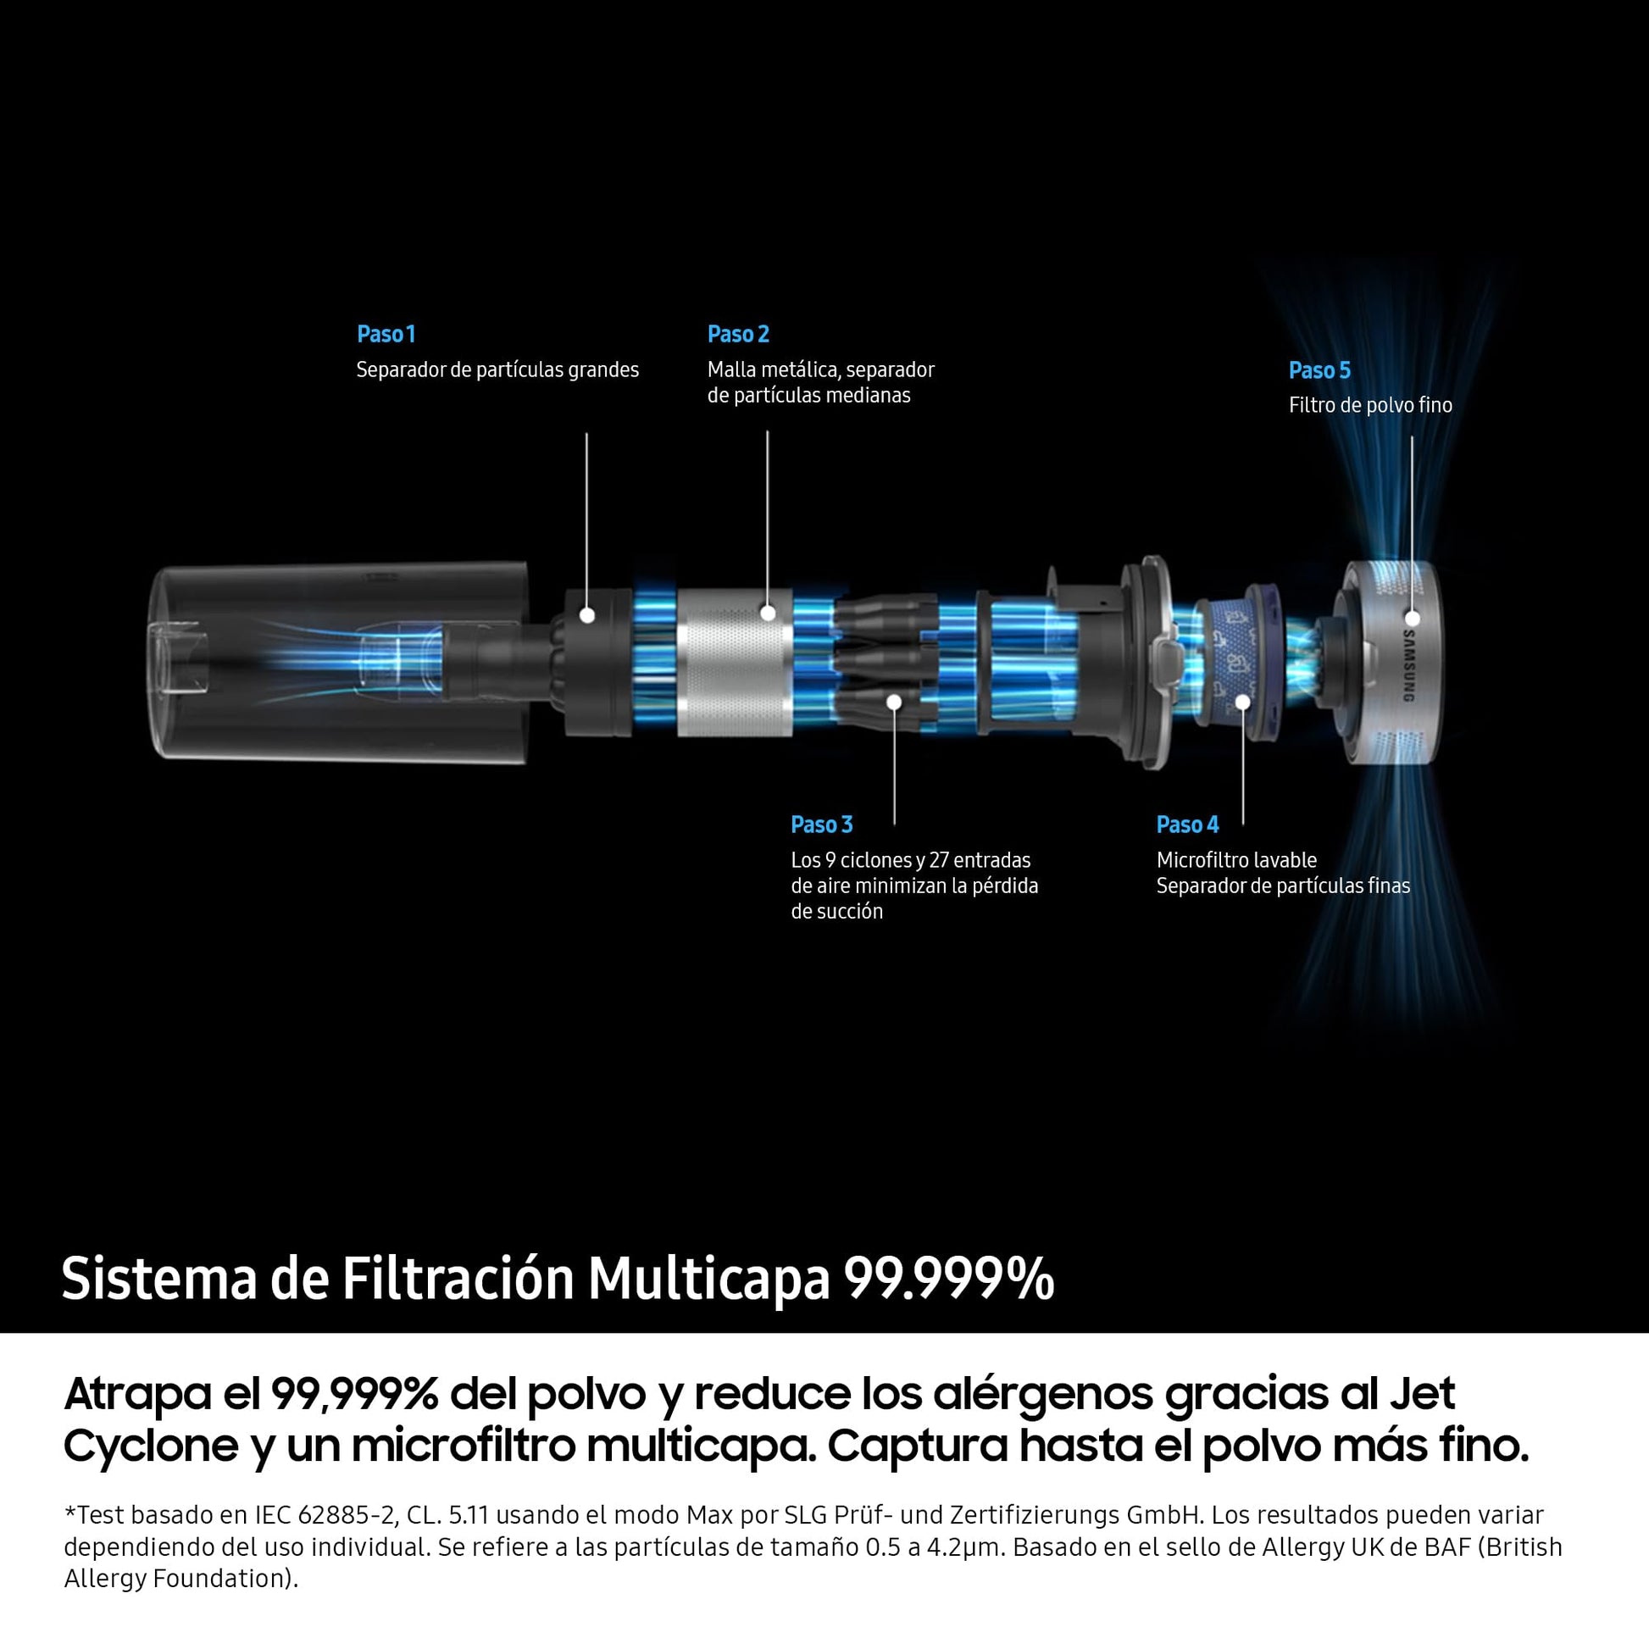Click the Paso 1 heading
pyautogui.click(x=386, y=334)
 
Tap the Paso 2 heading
pyautogui.click(x=738, y=334)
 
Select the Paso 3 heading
pyautogui.click(x=821, y=824)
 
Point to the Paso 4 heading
pyautogui.click(x=1187, y=824)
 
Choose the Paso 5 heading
pyautogui.click(x=1319, y=370)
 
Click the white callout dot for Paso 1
pyautogui.click(x=586, y=614)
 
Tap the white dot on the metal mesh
pyautogui.click(x=768, y=612)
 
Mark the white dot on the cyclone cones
pyautogui.click(x=895, y=702)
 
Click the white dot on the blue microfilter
pyautogui.click(x=1243, y=702)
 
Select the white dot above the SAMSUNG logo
pyautogui.click(x=1412, y=618)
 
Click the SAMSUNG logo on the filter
pyautogui.click(x=1409, y=666)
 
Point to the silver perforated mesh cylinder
pyautogui.click(x=735, y=663)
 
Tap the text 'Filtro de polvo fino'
pyautogui.click(x=1370, y=405)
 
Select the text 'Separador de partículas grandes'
pyautogui.click(x=497, y=369)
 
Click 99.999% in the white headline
pyautogui.click(x=948, y=1279)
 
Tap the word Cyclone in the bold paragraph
pyautogui.click(x=151, y=1446)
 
